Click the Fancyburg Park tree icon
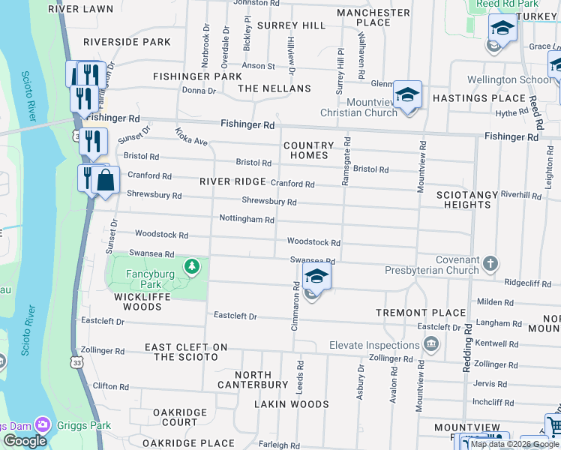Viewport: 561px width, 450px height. tap(193, 265)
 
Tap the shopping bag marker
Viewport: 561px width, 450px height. tap(106, 180)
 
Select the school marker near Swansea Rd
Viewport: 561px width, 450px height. tap(316, 277)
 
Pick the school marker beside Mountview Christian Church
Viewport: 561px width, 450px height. tap(407, 95)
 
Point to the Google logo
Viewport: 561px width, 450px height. tap(24, 441)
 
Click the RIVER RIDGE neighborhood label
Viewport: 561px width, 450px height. tap(232, 181)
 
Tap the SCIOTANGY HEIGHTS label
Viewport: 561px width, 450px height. tap(467, 199)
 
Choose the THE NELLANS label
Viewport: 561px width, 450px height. tap(274, 88)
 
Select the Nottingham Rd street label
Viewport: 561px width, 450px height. tap(246, 219)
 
